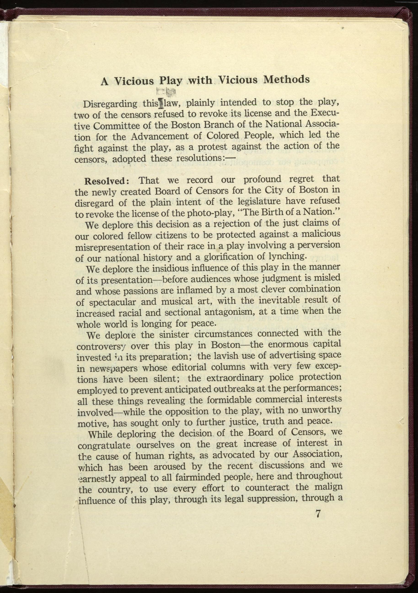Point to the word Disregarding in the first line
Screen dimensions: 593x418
pos(110,104)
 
